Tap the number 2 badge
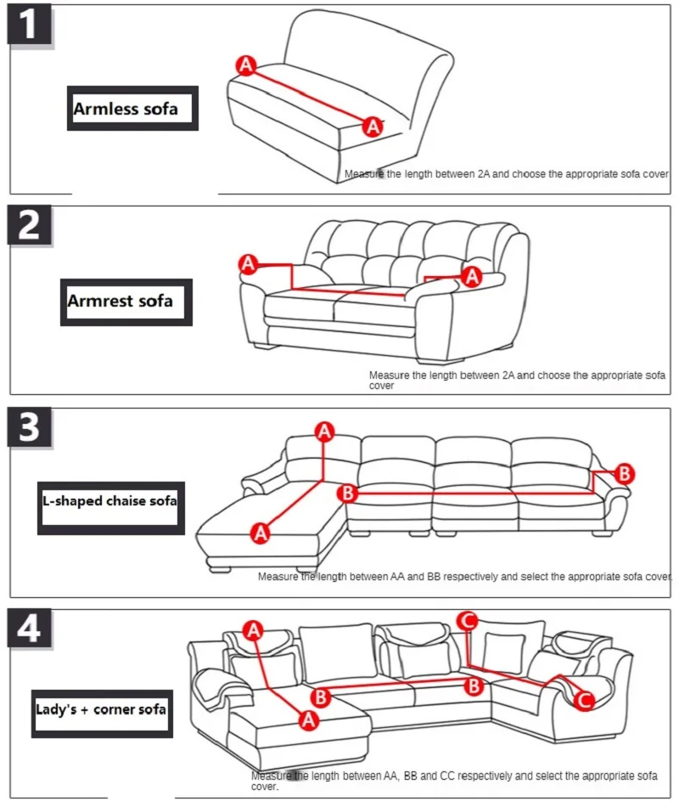pyautogui.click(x=30, y=225)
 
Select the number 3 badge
pyautogui.click(x=30, y=427)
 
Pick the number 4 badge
pyautogui.click(x=30, y=629)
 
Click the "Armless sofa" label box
pyautogui.click(x=132, y=109)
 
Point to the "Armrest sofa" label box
pyautogui.click(x=126, y=301)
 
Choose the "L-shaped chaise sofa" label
pyautogui.click(x=110, y=501)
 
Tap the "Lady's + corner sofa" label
pyautogui.click(x=101, y=708)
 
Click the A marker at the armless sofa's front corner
pyautogui.click(x=372, y=127)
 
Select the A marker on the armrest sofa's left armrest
pyautogui.click(x=248, y=264)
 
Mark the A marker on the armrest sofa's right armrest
pyautogui.click(x=473, y=275)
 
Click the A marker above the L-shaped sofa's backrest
pyautogui.click(x=324, y=432)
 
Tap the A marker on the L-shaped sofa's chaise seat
pyautogui.click(x=261, y=533)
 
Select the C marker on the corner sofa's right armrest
pyautogui.click(x=584, y=700)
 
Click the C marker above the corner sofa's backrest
pyautogui.click(x=467, y=621)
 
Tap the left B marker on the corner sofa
pyautogui.click(x=320, y=697)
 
